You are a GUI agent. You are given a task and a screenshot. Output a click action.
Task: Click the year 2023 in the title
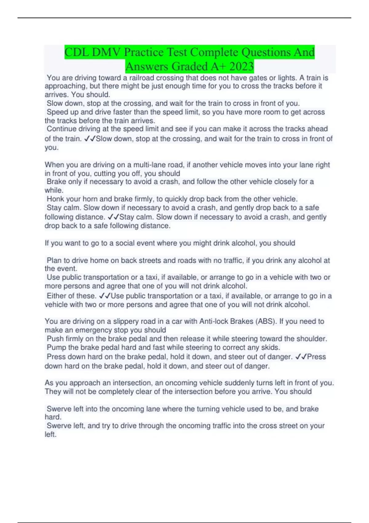tap(241, 66)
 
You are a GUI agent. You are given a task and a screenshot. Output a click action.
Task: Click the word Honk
tap(55, 199)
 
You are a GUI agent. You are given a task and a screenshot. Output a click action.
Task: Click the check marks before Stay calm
tap(113, 217)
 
